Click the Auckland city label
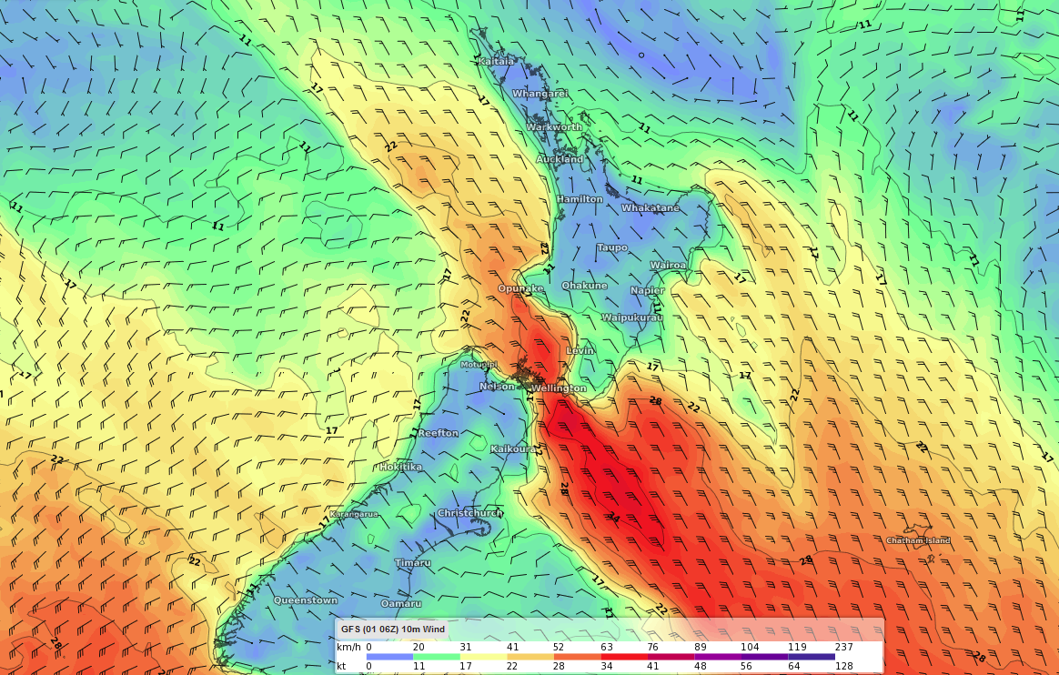560,159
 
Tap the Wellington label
559,388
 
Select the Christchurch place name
469,513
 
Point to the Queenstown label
306,600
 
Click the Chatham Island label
918,540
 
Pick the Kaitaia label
496,61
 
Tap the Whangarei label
540,94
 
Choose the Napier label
648,290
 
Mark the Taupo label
612,247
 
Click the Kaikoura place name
513,449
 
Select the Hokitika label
400,467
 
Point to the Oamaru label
400,603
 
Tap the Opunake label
520,288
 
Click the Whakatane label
651,208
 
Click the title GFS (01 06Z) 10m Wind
393,630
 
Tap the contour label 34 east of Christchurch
612,519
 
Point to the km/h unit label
348,647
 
